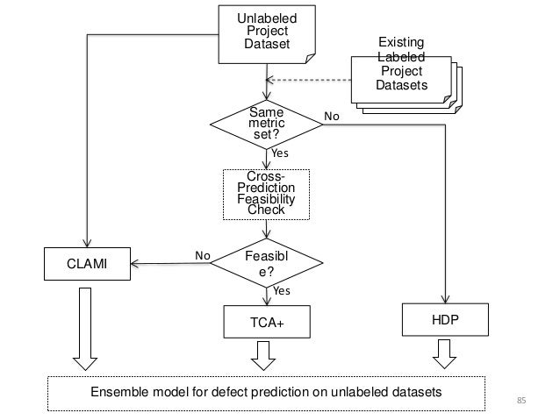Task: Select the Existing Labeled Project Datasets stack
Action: coord(400,71)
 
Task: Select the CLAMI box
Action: coord(87,260)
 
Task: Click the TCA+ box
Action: coord(267,322)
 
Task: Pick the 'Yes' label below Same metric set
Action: coord(279,153)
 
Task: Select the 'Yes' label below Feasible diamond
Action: coord(281,289)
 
